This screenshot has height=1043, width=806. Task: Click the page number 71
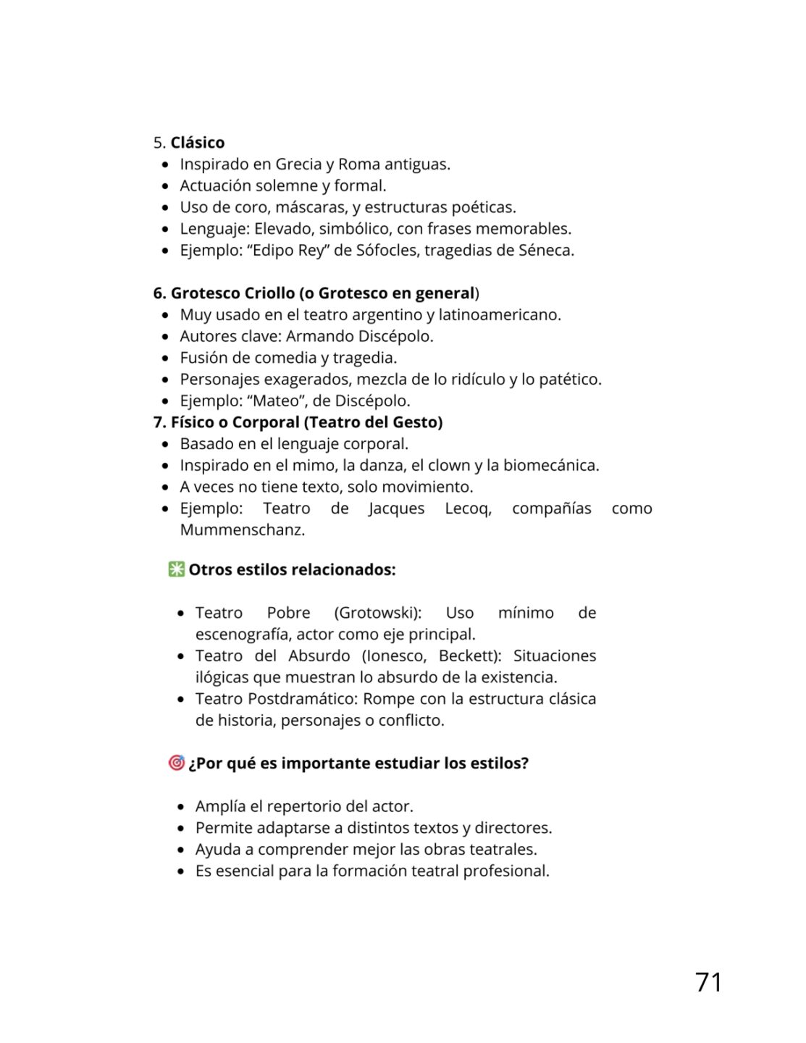coord(708,982)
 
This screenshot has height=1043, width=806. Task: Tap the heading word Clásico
coord(198,143)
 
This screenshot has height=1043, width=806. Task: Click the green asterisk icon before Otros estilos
coord(176,569)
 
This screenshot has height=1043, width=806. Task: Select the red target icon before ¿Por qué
coord(176,763)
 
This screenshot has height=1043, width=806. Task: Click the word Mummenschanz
coord(242,529)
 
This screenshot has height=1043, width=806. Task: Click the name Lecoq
coord(468,508)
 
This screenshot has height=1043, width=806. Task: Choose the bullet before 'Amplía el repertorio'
coord(181,807)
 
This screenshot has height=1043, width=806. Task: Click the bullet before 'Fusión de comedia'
coord(166,359)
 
